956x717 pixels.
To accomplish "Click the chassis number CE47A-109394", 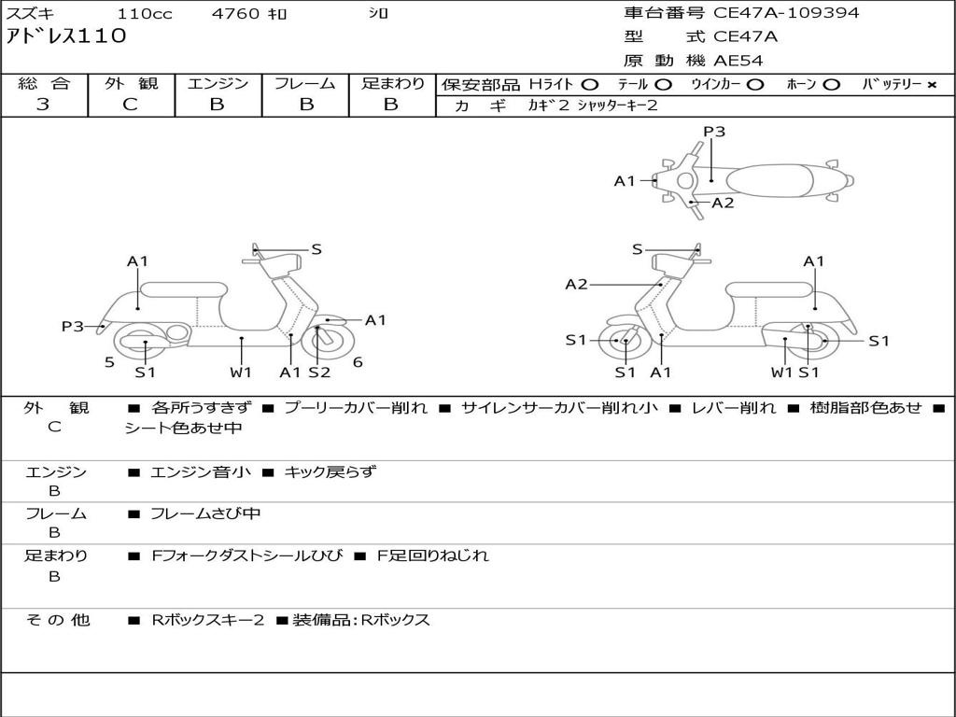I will coord(786,13).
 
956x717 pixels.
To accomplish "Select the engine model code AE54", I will coord(738,62).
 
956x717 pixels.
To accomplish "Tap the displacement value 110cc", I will coord(138,14).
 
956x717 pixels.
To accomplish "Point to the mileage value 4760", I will coord(236,14).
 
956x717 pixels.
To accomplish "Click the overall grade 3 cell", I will coord(44,105).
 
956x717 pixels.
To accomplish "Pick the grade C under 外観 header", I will coord(131,105).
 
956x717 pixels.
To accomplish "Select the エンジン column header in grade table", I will coord(218,84).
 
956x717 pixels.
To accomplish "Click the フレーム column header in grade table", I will coord(304,84).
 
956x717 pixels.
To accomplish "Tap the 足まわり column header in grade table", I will coord(392,84).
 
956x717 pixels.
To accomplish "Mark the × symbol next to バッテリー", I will coord(931,85).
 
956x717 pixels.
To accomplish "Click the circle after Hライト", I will coord(590,85).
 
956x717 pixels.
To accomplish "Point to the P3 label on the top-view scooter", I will coord(714,132).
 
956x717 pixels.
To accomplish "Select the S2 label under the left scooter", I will coord(319,373).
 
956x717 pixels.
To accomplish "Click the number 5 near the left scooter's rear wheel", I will coord(109,362).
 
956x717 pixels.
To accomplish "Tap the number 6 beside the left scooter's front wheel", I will coord(358,362).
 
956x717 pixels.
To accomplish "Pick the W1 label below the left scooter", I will coord(241,373).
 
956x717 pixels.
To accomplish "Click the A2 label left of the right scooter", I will coord(576,284).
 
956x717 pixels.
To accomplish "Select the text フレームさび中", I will coord(205,513).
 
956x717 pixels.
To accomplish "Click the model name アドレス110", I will coord(66,37).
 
